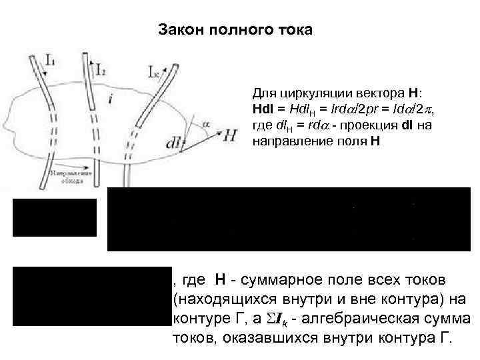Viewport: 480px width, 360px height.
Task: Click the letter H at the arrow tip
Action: click(230, 135)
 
